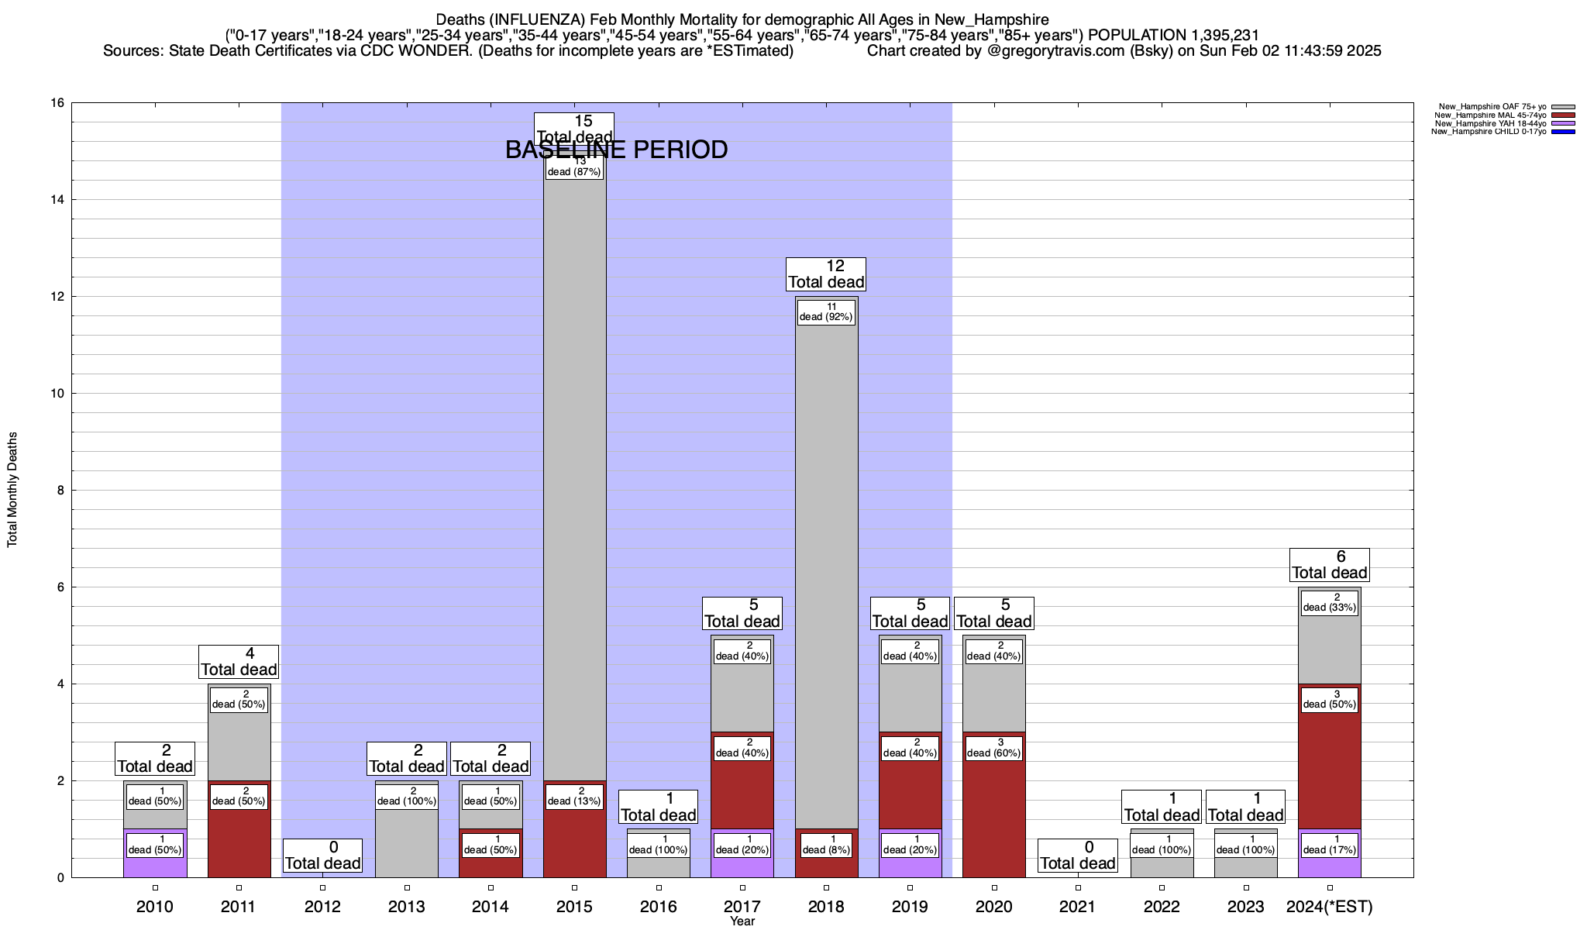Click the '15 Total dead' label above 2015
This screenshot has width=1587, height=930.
click(574, 129)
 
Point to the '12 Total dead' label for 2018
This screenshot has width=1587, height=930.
click(826, 274)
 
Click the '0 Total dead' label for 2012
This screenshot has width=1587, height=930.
click(322, 856)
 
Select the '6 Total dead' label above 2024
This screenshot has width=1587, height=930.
click(1330, 565)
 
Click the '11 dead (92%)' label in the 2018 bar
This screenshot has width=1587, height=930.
click(826, 312)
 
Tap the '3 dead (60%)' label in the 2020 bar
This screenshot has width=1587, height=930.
click(994, 748)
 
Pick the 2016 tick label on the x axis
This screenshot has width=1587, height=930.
click(659, 907)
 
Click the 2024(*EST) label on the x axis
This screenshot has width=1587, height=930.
click(1330, 907)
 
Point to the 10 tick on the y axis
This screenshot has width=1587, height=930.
click(58, 394)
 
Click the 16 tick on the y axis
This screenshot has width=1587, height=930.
click(58, 103)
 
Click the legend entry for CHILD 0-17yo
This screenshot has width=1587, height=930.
click(1492, 132)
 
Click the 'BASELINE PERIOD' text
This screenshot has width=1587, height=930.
click(616, 150)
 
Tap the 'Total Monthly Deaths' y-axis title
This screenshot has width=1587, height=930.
click(12, 490)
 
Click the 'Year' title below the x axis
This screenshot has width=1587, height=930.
click(742, 921)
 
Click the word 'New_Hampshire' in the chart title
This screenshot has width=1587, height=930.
click(1000, 19)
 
